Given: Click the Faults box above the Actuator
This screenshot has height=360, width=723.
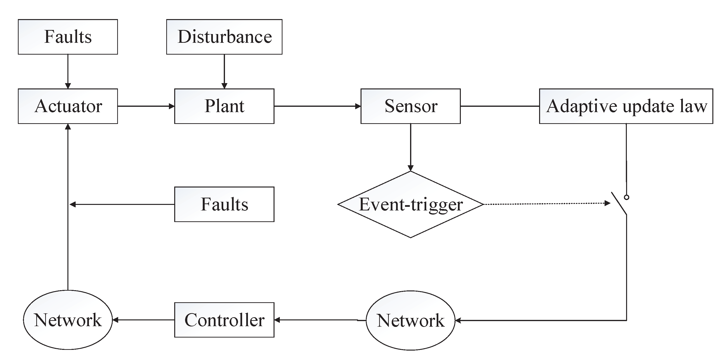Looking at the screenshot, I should click(68, 37).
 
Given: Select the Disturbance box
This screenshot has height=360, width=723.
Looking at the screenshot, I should click(224, 37).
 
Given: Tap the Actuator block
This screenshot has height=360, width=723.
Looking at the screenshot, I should click(68, 106).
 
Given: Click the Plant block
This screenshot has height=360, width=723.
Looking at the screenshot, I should click(224, 106).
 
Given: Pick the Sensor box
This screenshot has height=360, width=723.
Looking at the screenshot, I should click(410, 106).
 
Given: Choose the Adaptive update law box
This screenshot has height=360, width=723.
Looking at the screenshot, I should click(626, 106).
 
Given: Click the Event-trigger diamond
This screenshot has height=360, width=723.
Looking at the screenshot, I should click(410, 204).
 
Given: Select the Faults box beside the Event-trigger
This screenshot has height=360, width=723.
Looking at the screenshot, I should click(224, 204).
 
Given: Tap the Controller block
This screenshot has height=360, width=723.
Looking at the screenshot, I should click(224, 320).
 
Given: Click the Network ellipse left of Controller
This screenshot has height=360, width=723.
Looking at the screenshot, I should click(68, 320).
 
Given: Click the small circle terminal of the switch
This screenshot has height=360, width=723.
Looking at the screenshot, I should click(626, 197).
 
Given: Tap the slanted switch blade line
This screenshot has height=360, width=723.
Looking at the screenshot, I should click(619, 204).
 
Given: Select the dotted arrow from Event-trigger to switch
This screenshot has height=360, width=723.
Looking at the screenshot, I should click(544, 204).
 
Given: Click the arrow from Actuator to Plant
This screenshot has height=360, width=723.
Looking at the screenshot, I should click(146, 106).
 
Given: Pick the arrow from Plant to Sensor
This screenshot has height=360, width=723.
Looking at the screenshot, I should click(317, 106).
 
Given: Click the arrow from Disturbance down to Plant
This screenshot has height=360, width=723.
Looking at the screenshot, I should click(224, 72).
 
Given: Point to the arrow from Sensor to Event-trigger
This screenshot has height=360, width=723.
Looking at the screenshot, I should click(410, 147).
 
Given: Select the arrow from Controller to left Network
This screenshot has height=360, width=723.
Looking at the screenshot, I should click(143, 320).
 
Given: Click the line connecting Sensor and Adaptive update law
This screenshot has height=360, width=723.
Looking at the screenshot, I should click(499, 106).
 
